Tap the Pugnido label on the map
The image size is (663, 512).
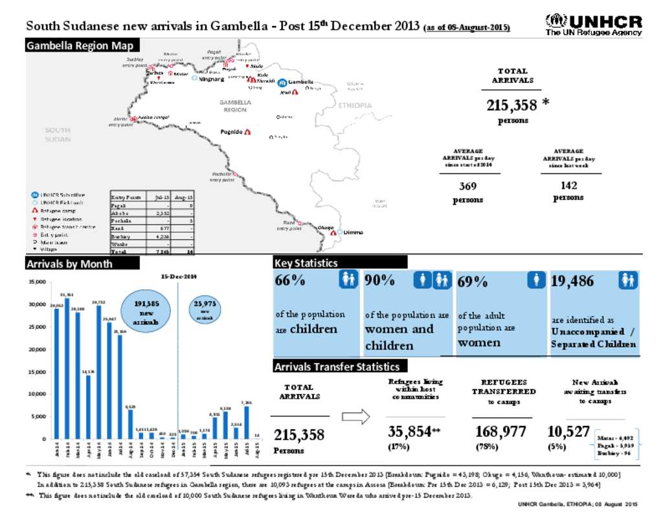(231, 132)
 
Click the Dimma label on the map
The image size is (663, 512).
(354, 232)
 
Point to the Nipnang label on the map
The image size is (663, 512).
(212, 79)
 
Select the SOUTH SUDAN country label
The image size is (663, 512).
(57, 135)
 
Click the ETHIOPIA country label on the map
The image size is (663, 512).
(355, 106)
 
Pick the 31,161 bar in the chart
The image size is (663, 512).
(67, 369)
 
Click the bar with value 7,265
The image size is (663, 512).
(247, 422)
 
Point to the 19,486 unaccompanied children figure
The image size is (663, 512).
(572, 281)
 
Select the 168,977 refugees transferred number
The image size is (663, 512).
(500, 432)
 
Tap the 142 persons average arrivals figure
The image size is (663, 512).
(568, 186)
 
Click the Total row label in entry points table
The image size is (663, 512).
(118, 251)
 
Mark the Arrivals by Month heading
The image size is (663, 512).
(69, 263)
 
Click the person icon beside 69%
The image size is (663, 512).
(536, 280)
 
